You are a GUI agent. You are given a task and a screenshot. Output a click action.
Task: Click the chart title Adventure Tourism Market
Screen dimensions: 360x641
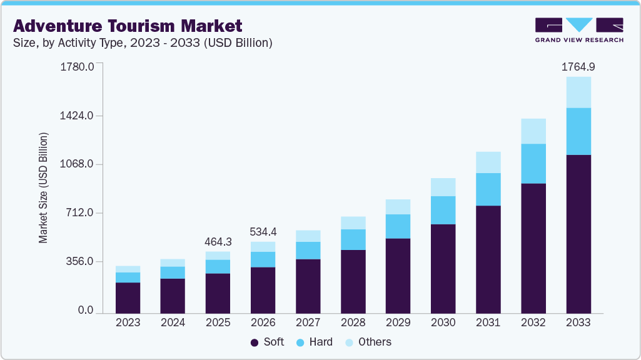(127, 26)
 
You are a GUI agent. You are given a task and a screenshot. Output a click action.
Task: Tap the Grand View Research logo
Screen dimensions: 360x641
(578, 29)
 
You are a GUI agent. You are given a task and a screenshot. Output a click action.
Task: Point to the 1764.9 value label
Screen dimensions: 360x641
(578, 66)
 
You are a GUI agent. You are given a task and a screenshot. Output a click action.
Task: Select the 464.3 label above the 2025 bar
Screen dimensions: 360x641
(218, 241)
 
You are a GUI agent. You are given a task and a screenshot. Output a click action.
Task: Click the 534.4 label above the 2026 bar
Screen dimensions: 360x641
(263, 232)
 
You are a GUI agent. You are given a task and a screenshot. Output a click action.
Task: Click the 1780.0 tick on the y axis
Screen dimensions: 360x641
(76, 67)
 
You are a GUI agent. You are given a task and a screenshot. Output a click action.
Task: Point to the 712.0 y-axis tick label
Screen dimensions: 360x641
(80, 213)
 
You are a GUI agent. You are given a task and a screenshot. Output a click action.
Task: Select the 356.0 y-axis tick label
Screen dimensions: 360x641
(80, 262)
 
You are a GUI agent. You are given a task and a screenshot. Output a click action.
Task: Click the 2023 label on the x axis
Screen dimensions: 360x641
(128, 322)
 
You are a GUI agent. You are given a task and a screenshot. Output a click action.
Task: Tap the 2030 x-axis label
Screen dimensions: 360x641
(443, 322)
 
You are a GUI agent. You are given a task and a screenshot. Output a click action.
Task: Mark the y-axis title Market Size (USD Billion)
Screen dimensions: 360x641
(43, 187)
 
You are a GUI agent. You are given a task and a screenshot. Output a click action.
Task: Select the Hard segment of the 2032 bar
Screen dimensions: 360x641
(533, 163)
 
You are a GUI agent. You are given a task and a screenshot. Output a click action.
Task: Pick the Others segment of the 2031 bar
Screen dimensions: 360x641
(488, 162)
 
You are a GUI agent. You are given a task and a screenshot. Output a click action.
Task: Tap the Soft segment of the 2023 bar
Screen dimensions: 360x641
(128, 297)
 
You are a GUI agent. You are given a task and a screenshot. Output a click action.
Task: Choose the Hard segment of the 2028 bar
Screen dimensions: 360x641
(353, 239)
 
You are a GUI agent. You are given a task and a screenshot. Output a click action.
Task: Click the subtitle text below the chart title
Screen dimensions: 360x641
(142, 43)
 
